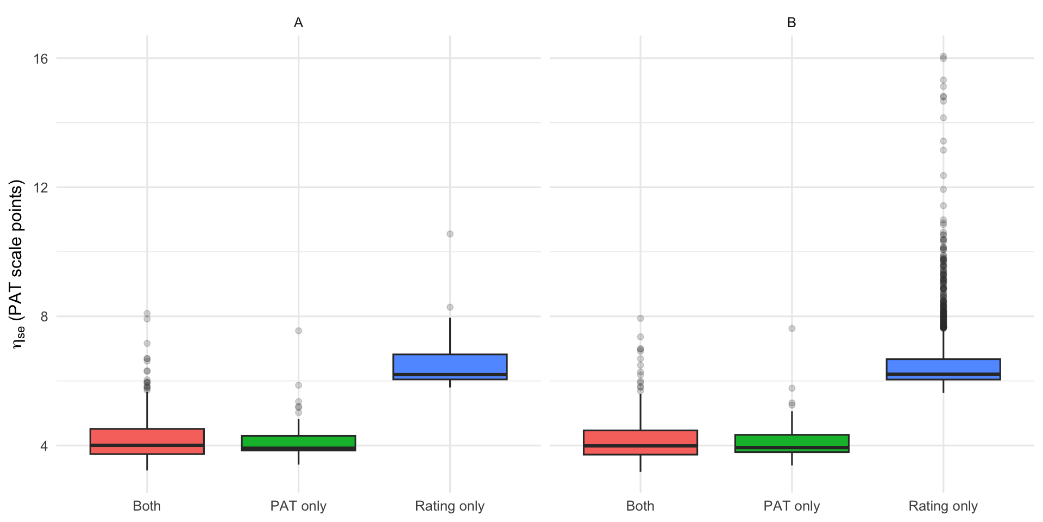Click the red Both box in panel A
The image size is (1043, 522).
click(x=147, y=441)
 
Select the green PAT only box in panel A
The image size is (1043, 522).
click(x=298, y=443)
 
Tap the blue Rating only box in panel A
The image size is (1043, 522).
click(x=450, y=366)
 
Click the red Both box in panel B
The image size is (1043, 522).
click(x=640, y=442)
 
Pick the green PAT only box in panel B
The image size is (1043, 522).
click(x=791, y=443)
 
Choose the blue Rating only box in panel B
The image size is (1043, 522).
click(x=943, y=369)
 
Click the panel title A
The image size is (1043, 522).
click(x=298, y=23)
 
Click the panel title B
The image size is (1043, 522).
click(x=791, y=23)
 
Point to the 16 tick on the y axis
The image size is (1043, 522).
click(x=41, y=59)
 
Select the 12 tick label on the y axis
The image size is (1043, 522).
click(x=41, y=188)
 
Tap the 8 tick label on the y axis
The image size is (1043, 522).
click(x=44, y=316)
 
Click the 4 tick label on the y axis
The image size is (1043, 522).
click(x=44, y=446)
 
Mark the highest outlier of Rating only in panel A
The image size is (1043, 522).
click(x=450, y=234)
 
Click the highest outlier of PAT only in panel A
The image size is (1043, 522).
click(x=298, y=331)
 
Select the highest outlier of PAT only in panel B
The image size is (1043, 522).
click(x=791, y=328)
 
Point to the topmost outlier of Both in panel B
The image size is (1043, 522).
click(x=640, y=319)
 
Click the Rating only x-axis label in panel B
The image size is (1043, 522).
click(x=943, y=506)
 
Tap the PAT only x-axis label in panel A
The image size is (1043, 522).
click(x=298, y=506)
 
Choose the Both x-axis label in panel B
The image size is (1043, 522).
click(x=640, y=506)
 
